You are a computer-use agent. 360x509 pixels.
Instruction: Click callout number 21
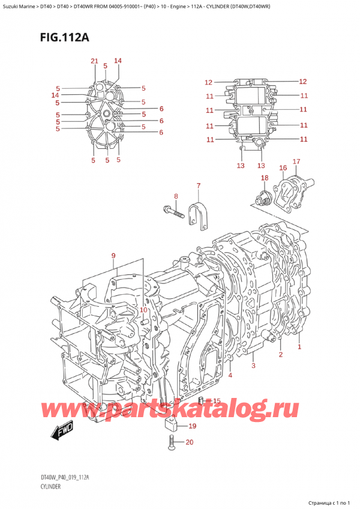pos(94,61)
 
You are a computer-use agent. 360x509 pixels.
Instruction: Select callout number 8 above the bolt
pos(176,196)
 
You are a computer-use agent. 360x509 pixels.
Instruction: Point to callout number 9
pos(113,257)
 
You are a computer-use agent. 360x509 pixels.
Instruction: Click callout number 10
pos(143,310)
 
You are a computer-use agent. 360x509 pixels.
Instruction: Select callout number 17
pos(296,161)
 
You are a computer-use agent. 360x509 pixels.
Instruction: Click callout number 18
pos(265,178)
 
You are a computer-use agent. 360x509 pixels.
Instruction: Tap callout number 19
pos(192,427)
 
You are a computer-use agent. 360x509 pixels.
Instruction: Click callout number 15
pos(217,401)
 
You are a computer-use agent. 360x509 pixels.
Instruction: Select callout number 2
pos(280,355)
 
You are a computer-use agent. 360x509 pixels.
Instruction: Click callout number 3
pos(254,366)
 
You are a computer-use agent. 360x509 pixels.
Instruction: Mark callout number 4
pos(230,376)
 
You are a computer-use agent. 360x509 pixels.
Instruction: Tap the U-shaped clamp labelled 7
pos(197,215)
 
